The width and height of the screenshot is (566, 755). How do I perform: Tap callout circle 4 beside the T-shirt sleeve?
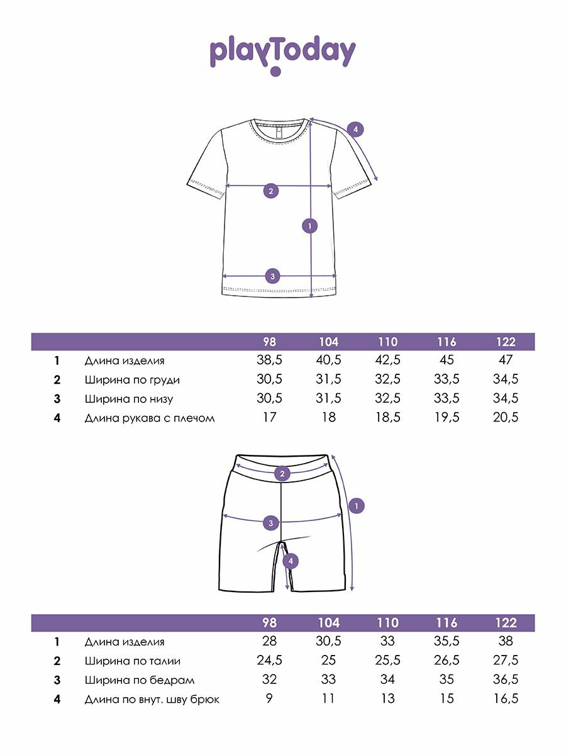tap(355, 130)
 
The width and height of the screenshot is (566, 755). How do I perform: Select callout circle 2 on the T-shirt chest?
tap(271, 191)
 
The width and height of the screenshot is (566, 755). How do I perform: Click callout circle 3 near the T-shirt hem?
tap(272, 276)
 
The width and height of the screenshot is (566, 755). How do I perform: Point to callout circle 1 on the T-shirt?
tap(309, 225)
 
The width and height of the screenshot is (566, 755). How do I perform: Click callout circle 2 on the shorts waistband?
tap(282, 474)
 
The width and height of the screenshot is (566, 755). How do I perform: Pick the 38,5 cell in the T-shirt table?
tap(269, 361)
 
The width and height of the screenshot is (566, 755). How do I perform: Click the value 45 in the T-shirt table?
tap(447, 361)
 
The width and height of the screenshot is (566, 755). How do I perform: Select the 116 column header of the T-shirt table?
tap(447, 342)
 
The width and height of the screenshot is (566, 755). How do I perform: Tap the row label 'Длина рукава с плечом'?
tap(150, 417)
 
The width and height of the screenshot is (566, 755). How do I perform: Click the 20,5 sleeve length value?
tap(506, 417)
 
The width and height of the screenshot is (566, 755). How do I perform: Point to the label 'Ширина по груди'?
tap(132, 379)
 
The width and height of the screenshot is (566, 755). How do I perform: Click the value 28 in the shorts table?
tap(269, 642)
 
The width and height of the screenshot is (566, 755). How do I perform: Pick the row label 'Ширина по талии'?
tap(133, 661)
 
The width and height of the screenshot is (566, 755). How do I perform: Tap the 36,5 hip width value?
tap(506, 679)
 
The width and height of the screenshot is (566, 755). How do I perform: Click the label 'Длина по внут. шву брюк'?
tap(152, 699)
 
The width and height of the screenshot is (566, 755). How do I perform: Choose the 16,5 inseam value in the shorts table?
tap(506, 699)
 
